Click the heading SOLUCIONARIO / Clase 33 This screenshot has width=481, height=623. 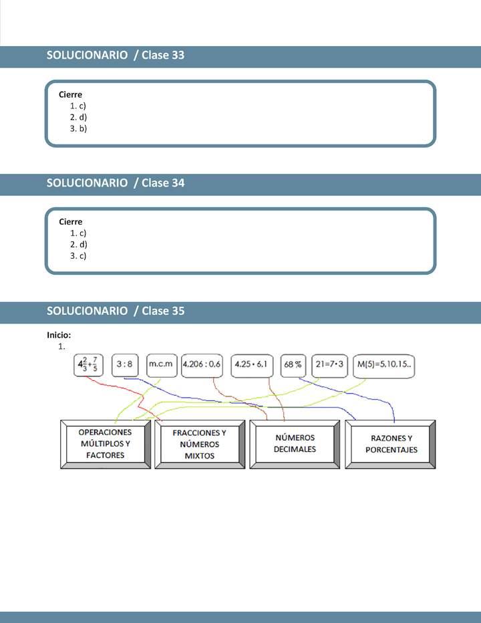tap(116, 55)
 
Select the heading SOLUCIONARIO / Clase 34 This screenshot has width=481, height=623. tap(116, 183)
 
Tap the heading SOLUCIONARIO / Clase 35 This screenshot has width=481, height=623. tap(116, 311)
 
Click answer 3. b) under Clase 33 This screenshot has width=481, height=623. tap(79, 128)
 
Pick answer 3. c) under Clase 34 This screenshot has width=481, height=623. tap(79, 255)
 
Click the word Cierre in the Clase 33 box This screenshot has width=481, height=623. tap(71, 95)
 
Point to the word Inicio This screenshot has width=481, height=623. tap(59, 335)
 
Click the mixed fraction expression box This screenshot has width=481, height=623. tap(90, 365)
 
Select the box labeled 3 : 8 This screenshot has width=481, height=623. tap(126, 365)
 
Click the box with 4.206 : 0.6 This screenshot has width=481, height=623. tap(202, 365)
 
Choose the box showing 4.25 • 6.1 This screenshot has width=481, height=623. tap(253, 365)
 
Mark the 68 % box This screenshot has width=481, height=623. tap(293, 365)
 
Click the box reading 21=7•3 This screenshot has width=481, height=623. tap(329, 365)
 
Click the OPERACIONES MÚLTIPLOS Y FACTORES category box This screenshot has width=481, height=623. tap(106, 444)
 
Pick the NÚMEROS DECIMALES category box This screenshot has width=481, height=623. tap(295, 444)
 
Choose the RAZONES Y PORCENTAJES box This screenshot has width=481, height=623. tap(391, 444)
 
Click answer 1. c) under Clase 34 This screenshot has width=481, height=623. tap(79, 233)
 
